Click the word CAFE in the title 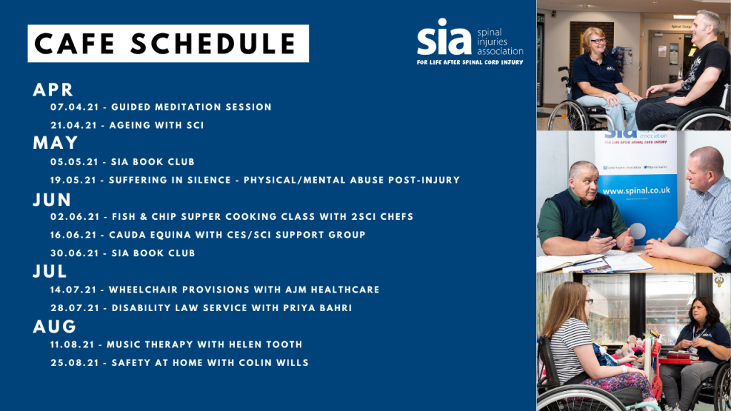pos(74,44)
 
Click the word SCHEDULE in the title pos(213,44)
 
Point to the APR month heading pos(53,89)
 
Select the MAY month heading pos(55,143)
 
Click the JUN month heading pos(51,200)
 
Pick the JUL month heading pos(50,271)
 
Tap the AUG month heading pos(54,326)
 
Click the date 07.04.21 pos(74,107)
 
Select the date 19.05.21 pos(74,181)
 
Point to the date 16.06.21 pos(74,235)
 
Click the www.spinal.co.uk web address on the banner pos(636,191)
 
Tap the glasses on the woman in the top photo pos(598,41)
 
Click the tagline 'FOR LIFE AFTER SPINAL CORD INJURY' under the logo pos(470,62)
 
